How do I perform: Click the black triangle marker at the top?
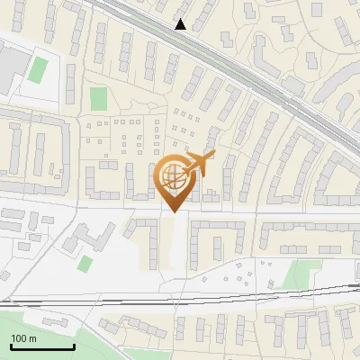[x=181, y=24]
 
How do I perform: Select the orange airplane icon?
[x=199, y=164]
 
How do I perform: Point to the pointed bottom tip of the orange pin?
[x=171, y=211]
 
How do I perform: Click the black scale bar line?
[x=42, y=346]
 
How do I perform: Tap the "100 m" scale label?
[x=23, y=338]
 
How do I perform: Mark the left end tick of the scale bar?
[x=11, y=345]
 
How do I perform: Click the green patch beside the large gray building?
[x=38, y=69]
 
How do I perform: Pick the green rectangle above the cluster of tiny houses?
[x=98, y=98]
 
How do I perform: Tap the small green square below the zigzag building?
[x=85, y=264]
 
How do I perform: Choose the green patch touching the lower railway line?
[x=301, y=274]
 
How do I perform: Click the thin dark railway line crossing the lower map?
[x=180, y=295]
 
